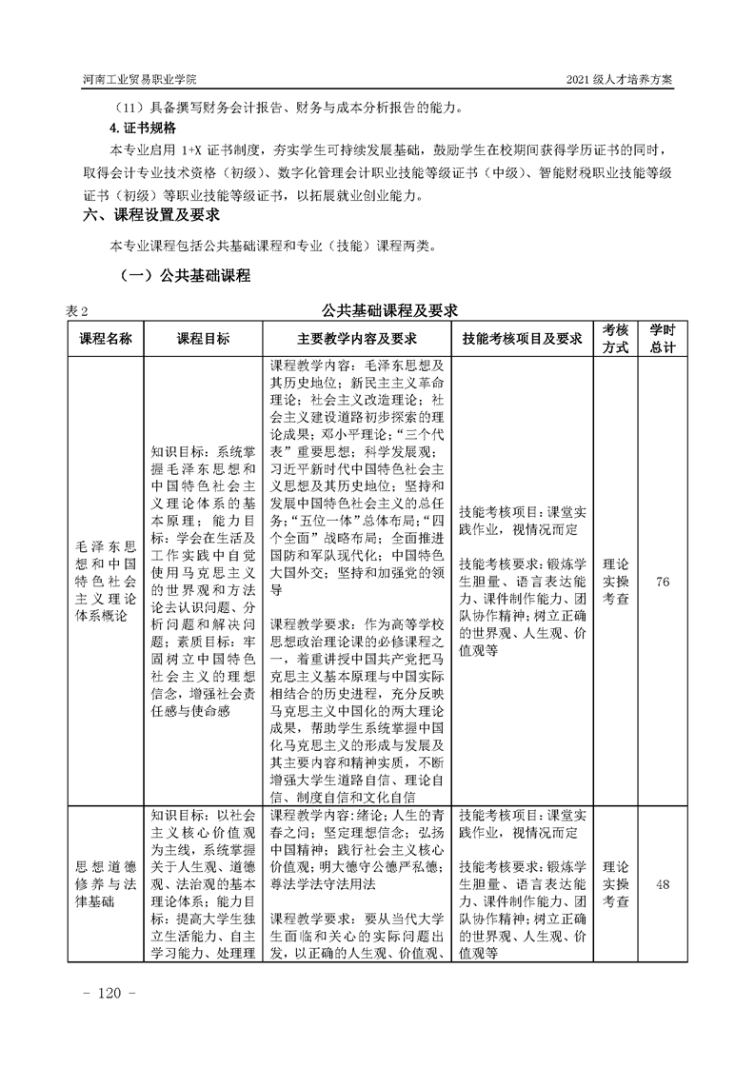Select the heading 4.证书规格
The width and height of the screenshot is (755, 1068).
click(x=149, y=128)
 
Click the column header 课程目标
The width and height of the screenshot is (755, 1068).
click(x=203, y=339)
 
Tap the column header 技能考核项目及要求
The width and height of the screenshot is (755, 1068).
click(x=521, y=339)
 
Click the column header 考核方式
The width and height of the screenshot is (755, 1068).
click(x=616, y=339)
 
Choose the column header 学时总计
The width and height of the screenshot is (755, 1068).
click(x=663, y=339)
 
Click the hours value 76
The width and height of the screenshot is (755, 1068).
click(x=664, y=583)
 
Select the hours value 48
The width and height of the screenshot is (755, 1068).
click(x=664, y=884)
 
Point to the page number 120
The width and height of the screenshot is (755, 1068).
click(x=105, y=994)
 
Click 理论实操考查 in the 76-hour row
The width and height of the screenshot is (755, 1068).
click(x=616, y=583)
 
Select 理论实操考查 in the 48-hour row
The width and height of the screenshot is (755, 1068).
click(x=616, y=884)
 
